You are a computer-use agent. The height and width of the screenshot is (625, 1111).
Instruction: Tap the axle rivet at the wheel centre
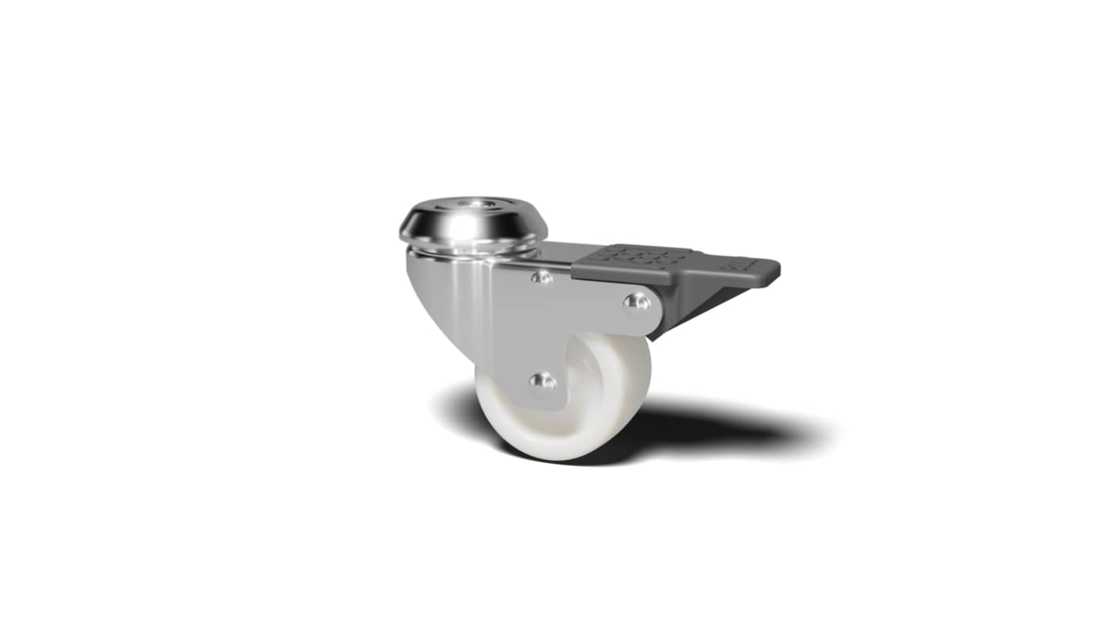(541, 383)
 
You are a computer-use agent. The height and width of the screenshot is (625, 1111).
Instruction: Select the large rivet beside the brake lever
(638, 302)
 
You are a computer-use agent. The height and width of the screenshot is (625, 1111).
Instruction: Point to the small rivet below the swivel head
(541, 276)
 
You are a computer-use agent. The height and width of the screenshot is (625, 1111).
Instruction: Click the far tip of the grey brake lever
(771, 270)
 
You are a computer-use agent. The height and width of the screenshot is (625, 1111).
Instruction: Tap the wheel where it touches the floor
(548, 456)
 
